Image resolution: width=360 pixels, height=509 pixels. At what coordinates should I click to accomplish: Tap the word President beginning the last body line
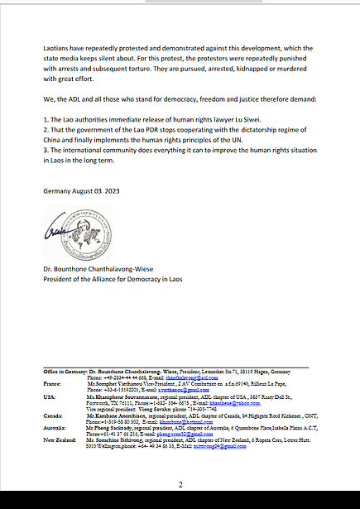pyautogui.click(x=61, y=279)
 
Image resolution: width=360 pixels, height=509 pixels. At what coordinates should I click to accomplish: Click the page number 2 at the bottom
pyautogui.click(x=180, y=486)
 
